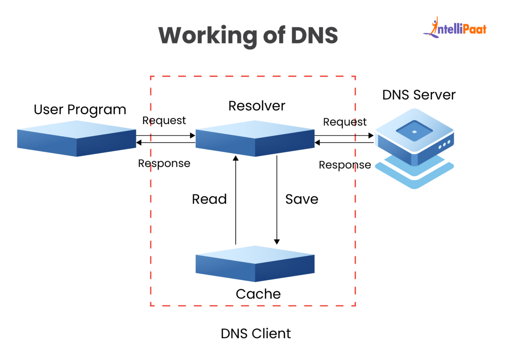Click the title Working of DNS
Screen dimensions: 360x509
(x=248, y=35)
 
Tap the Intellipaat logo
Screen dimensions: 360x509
(x=455, y=28)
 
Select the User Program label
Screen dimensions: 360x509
(x=80, y=110)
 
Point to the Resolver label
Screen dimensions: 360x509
(x=256, y=106)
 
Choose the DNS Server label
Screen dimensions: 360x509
(x=419, y=95)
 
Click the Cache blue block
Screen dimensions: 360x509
(x=255, y=264)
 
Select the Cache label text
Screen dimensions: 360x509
(x=258, y=294)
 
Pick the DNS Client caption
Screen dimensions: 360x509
(x=255, y=333)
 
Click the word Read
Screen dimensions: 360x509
(x=209, y=199)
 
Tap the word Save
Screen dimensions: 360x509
(x=302, y=199)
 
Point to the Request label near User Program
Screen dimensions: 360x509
(x=164, y=121)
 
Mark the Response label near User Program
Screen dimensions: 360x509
(x=164, y=163)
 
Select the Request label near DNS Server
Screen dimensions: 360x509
(x=345, y=122)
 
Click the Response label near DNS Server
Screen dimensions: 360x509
(x=345, y=165)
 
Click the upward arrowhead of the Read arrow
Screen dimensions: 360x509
(x=236, y=158)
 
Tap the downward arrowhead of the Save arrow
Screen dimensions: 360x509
(x=277, y=242)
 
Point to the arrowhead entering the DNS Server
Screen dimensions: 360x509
(x=371, y=136)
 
